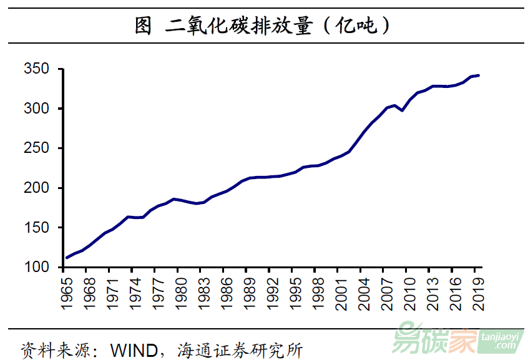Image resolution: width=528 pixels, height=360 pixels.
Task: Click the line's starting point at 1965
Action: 67,258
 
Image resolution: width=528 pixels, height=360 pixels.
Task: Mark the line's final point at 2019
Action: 478,75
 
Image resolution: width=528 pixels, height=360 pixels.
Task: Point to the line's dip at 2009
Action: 403,110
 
